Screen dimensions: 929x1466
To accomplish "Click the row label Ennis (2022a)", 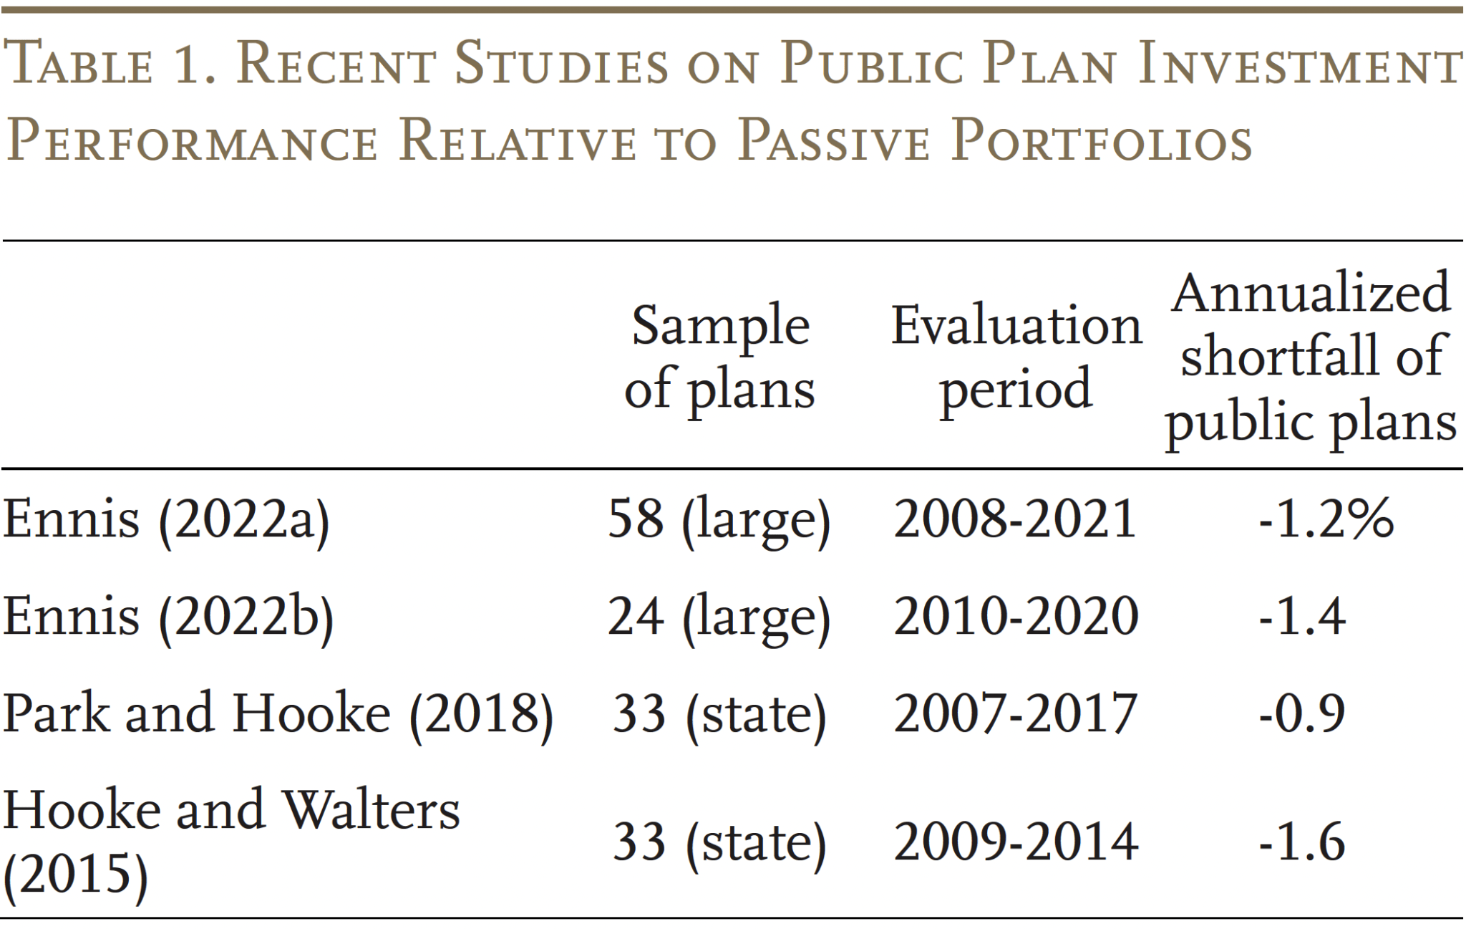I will pyautogui.click(x=166, y=519).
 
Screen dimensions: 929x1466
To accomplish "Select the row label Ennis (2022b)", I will pyautogui.click(x=168, y=617).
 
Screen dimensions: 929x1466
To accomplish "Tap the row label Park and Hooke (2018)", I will pyautogui.click(x=278, y=714).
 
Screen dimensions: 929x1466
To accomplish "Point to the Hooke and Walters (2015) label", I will pyautogui.click(x=230, y=842).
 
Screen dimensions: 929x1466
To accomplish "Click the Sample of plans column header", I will pyautogui.click(x=719, y=357).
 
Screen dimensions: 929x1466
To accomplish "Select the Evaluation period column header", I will pyautogui.click(x=1016, y=357).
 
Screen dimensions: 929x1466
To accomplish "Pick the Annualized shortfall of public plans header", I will pyautogui.click(x=1310, y=357).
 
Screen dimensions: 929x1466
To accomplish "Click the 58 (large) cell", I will pyautogui.click(x=719, y=519).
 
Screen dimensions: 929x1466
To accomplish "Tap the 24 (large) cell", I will pyautogui.click(x=719, y=617).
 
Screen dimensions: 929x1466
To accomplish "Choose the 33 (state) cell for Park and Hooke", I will pyautogui.click(x=719, y=714).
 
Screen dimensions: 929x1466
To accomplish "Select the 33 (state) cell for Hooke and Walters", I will pyautogui.click(x=719, y=842).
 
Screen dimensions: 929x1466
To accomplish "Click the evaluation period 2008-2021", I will pyautogui.click(x=1015, y=519).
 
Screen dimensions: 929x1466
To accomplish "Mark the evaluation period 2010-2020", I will pyautogui.click(x=1015, y=617).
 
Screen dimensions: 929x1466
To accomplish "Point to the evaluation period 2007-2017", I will pyautogui.click(x=1015, y=714).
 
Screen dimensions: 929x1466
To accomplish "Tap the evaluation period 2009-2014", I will pyautogui.click(x=1015, y=842).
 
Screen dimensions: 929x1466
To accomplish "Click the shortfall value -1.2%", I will pyautogui.click(x=1326, y=519).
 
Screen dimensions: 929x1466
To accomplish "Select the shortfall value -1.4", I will pyautogui.click(x=1302, y=617).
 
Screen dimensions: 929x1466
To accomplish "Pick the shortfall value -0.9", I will pyautogui.click(x=1302, y=714).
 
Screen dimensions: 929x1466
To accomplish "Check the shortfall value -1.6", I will pyautogui.click(x=1302, y=842).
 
